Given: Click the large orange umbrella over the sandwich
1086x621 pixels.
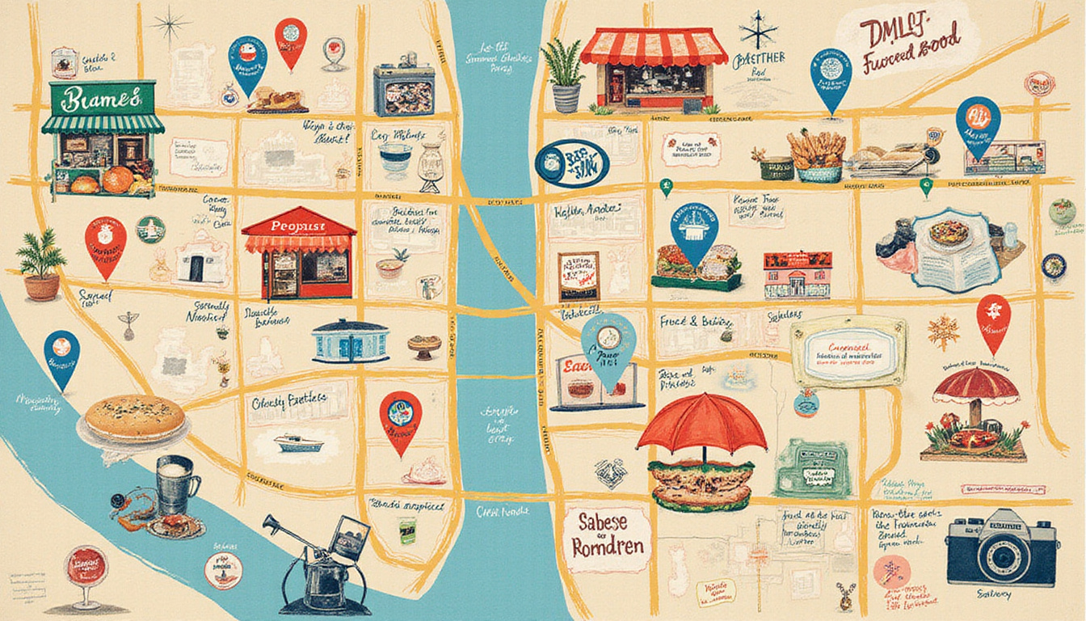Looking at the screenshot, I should click(701, 422).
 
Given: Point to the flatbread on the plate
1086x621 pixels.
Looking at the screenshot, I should click(136, 418).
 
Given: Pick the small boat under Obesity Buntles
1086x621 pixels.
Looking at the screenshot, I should click(297, 442).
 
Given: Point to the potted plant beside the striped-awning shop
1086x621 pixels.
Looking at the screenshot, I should click(565, 75).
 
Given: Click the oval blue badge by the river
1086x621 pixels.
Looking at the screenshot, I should click(571, 163).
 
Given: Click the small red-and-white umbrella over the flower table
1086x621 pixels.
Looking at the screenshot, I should click(976, 387).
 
